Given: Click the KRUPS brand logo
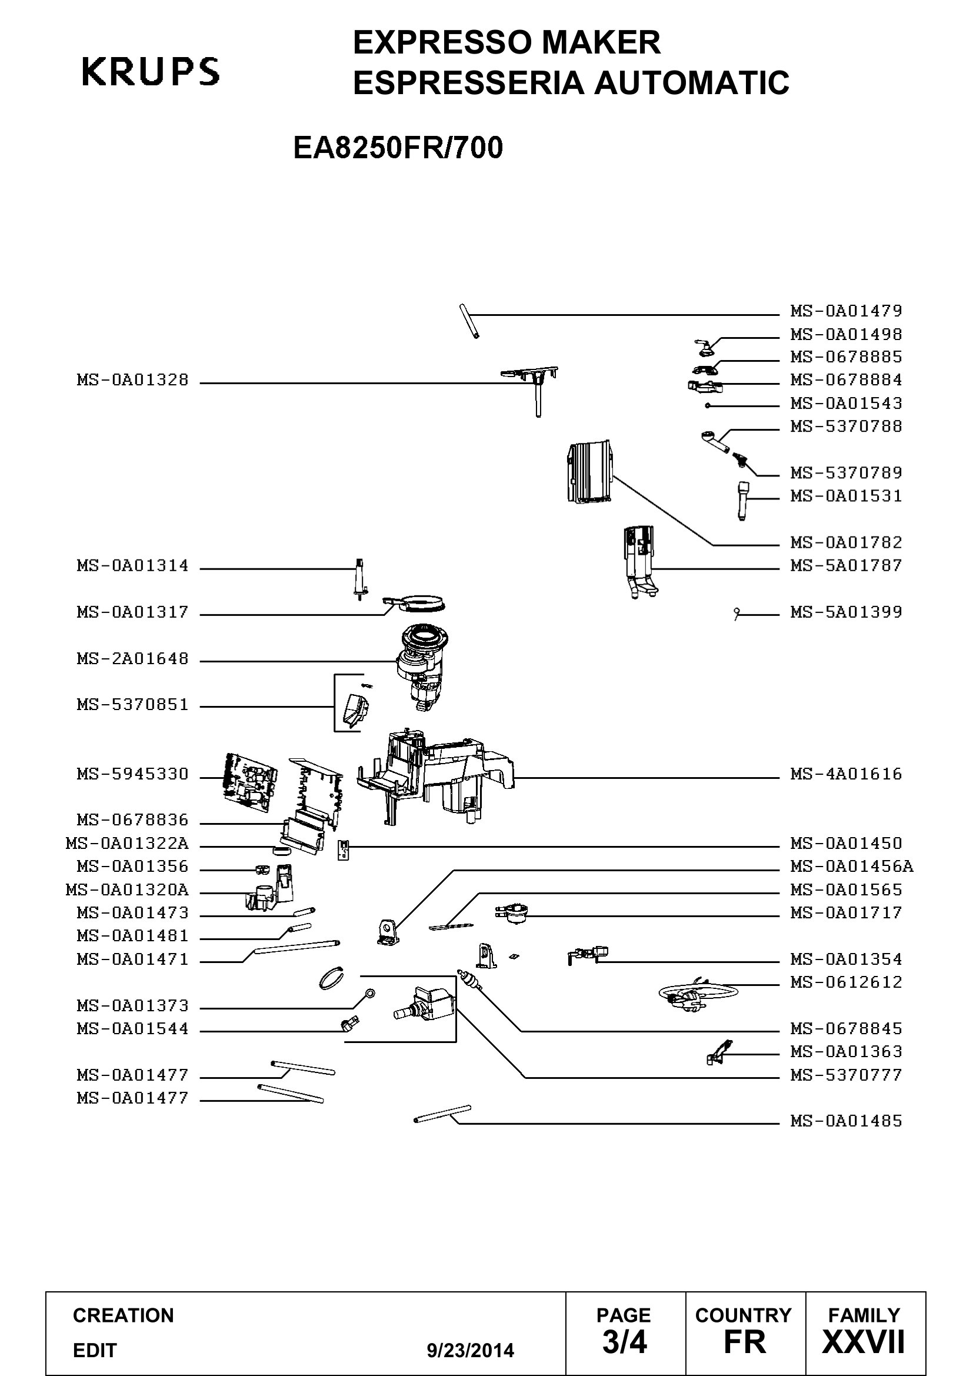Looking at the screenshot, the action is (151, 71).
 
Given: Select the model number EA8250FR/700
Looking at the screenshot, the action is (398, 148).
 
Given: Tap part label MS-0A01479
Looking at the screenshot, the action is (846, 311).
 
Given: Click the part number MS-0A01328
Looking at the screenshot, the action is (132, 380).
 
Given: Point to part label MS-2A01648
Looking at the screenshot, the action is (132, 659).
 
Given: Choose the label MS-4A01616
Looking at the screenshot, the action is (846, 774).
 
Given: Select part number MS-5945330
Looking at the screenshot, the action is (132, 774).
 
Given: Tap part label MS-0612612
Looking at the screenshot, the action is (846, 982).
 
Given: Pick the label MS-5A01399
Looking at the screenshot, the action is (846, 612).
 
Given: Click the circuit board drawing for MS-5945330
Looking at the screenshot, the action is (250, 778).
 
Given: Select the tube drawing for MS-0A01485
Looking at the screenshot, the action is (442, 1114).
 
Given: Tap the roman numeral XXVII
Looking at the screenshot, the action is (864, 1342).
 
